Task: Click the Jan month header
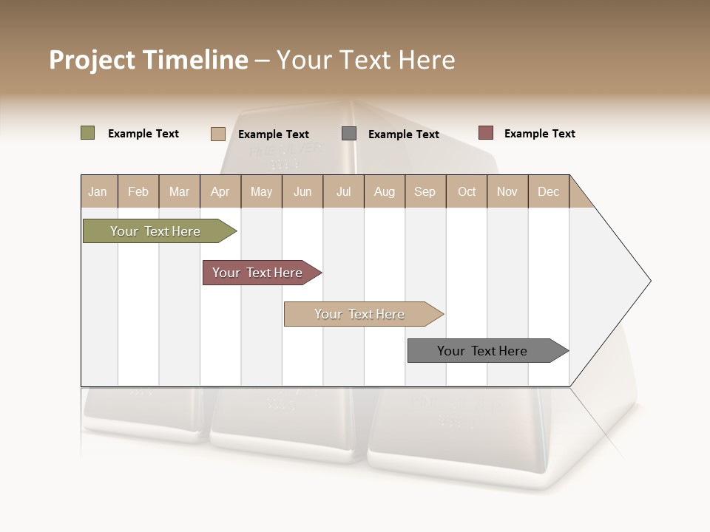(x=98, y=191)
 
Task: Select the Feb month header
(x=138, y=191)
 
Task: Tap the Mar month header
(x=179, y=191)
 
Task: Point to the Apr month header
(x=220, y=191)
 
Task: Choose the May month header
(x=261, y=191)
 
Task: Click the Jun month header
(x=302, y=191)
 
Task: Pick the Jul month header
(x=343, y=191)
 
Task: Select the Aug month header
(x=384, y=191)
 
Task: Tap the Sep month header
(x=425, y=191)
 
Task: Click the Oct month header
(x=467, y=191)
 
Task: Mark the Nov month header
(x=507, y=191)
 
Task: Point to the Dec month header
(x=548, y=191)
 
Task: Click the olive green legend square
(x=87, y=133)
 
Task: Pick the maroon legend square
(x=485, y=133)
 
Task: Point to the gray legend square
(x=349, y=134)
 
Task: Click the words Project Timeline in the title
(x=148, y=60)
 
